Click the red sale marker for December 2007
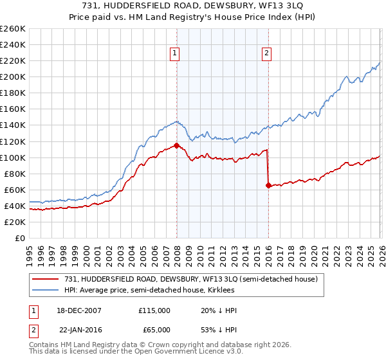176,145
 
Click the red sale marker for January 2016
268,185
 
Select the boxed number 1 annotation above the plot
175,54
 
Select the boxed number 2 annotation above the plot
266,54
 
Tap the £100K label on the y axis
13,157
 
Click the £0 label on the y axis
21,238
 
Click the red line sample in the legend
46,279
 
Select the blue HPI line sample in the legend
46,291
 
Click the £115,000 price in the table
154,310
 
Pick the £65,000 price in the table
156,328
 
